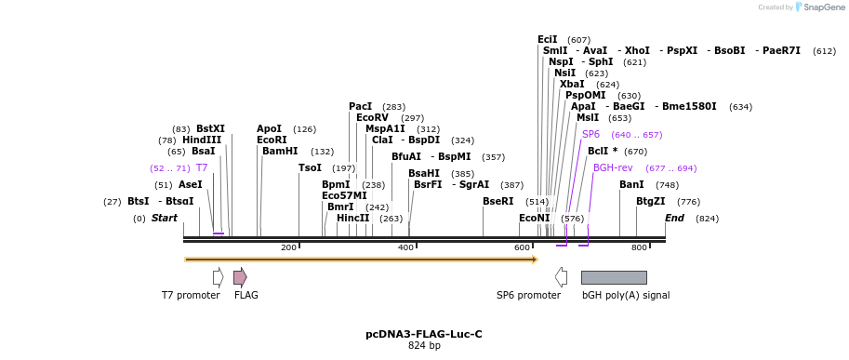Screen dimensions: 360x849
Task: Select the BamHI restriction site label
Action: point(279,151)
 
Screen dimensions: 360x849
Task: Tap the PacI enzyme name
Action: point(360,106)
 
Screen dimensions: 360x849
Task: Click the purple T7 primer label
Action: point(202,167)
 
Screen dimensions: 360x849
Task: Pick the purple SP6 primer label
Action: point(590,134)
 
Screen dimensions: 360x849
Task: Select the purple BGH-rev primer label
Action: point(613,167)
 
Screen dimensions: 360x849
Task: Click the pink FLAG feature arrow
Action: point(240,277)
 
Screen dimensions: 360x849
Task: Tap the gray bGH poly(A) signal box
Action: point(613,277)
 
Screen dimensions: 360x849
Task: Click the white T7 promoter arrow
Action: point(218,277)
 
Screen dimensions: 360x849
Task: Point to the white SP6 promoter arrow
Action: point(561,277)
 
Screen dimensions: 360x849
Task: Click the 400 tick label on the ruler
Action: point(405,247)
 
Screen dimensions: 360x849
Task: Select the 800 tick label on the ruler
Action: point(639,247)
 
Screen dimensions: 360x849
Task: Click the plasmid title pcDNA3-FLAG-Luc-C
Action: point(423,334)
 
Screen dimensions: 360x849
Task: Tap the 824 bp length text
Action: point(423,346)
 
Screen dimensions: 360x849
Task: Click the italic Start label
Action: point(165,218)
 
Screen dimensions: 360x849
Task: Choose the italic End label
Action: point(674,218)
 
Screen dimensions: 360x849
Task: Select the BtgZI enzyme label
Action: point(651,201)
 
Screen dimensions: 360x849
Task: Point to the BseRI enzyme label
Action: point(497,201)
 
